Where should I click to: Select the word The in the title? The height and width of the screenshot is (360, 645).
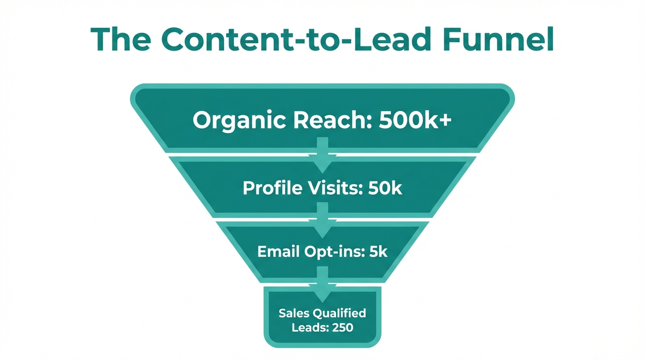pyautogui.click(x=120, y=40)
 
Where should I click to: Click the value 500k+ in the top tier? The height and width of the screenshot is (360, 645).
pyautogui.click(x=415, y=120)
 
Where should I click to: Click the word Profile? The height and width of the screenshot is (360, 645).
pyautogui.click(x=272, y=188)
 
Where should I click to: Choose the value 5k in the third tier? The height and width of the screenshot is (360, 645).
pyautogui.click(x=378, y=252)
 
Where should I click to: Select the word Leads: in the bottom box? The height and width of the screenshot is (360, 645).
pyautogui.click(x=308, y=327)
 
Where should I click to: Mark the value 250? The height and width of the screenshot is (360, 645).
pyautogui.click(x=342, y=327)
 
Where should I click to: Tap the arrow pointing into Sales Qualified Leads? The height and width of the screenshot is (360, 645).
pyautogui.click(x=322, y=284)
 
